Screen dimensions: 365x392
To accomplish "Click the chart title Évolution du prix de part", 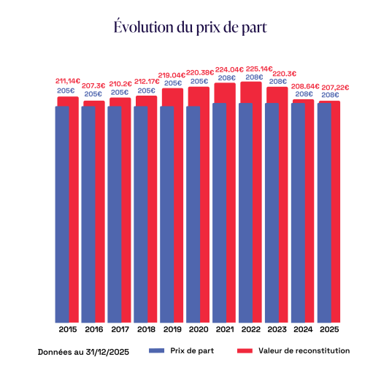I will pyautogui.click(x=190, y=27).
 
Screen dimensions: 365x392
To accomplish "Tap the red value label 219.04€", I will pyautogui.click(x=173, y=75).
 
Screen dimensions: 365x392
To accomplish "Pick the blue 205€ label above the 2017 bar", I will pyautogui.click(x=120, y=93).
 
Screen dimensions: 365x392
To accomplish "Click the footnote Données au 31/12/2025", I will pyautogui.click(x=79, y=351).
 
